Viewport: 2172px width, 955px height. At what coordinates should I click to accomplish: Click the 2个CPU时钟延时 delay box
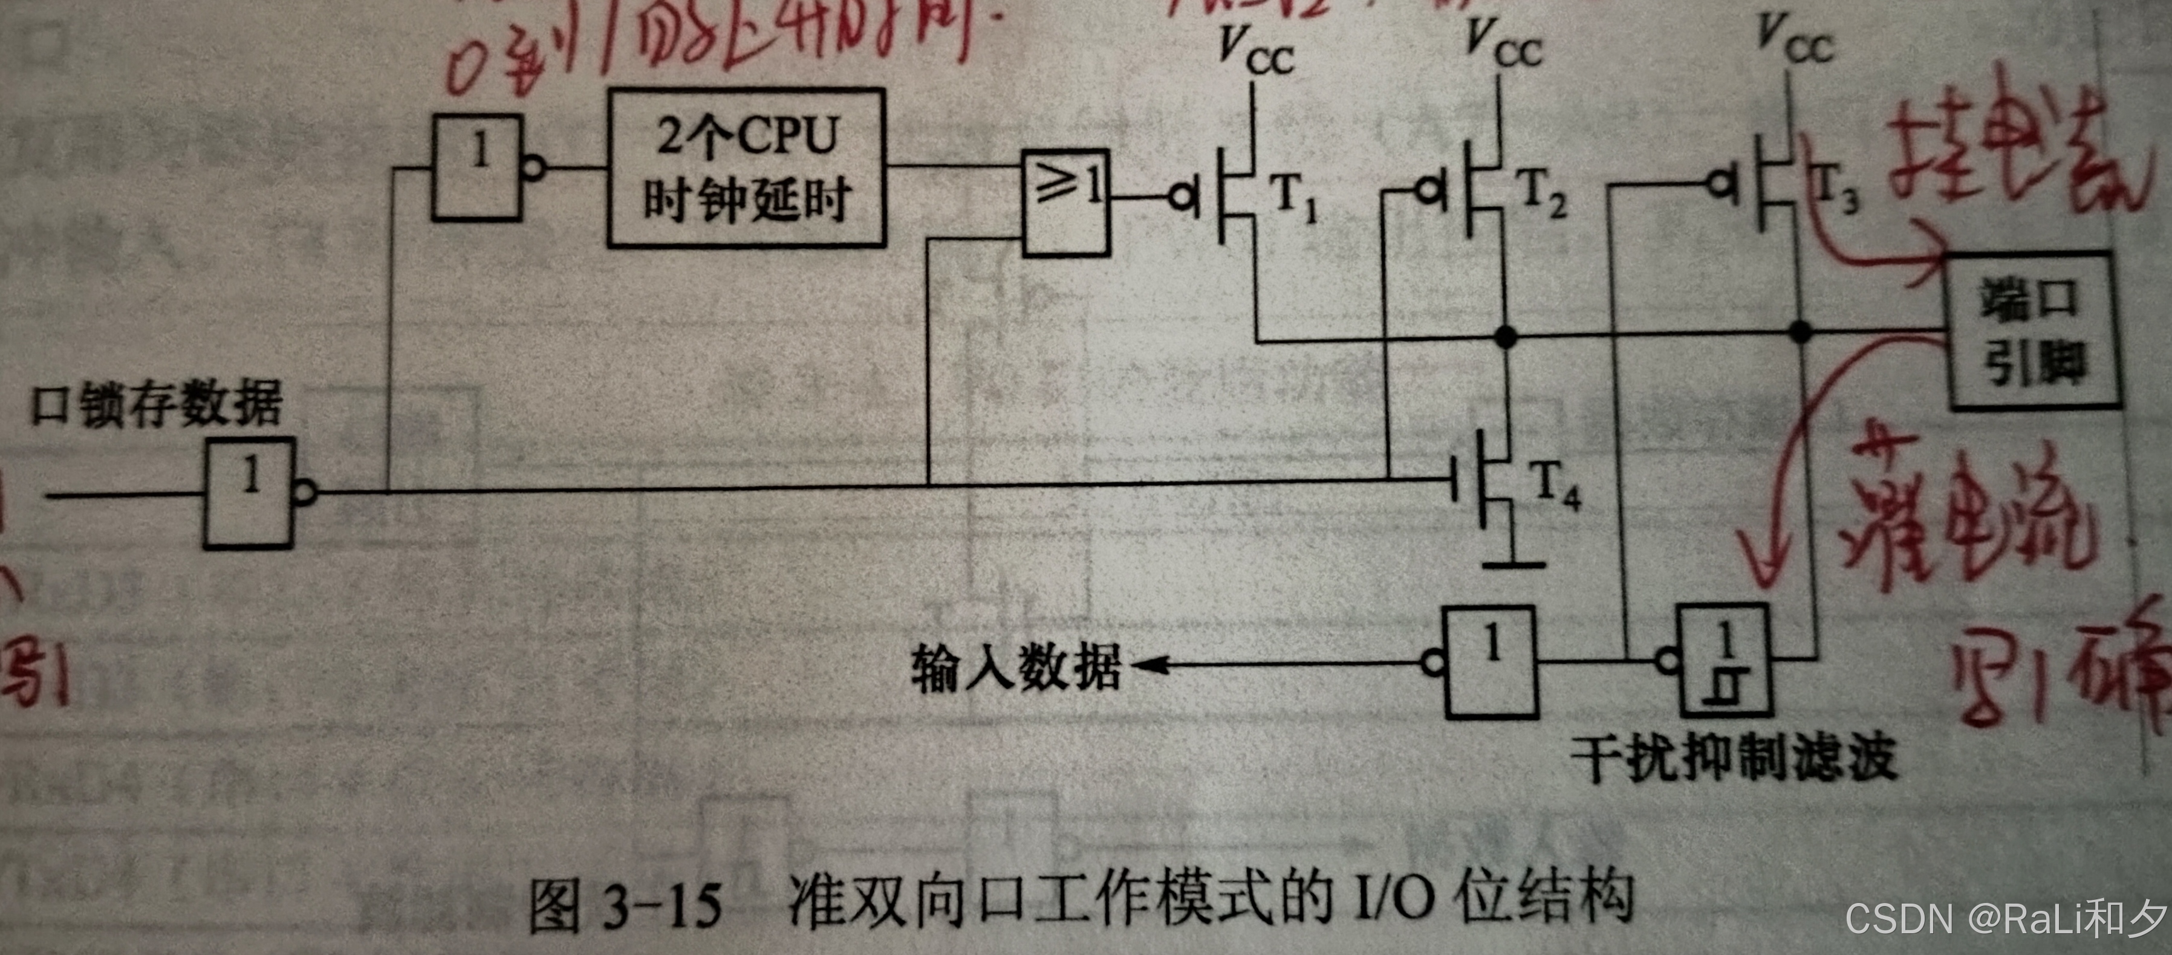click(746, 169)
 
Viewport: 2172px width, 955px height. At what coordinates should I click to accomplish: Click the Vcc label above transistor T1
click(1257, 52)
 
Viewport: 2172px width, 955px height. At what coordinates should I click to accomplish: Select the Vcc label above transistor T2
click(1504, 44)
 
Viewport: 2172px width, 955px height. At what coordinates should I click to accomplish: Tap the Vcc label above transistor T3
click(1796, 39)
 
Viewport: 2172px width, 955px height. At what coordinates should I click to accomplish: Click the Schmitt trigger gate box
click(1725, 660)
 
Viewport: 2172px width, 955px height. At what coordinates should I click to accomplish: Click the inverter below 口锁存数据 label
click(250, 493)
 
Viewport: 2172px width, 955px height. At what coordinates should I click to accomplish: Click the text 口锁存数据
click(157, 404)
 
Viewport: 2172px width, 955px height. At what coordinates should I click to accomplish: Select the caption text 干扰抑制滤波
click(1733, 757)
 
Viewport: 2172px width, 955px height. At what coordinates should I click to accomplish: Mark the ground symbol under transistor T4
click(1514, 563)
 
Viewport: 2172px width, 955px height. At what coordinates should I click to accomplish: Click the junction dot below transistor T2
click(1505, 337)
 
